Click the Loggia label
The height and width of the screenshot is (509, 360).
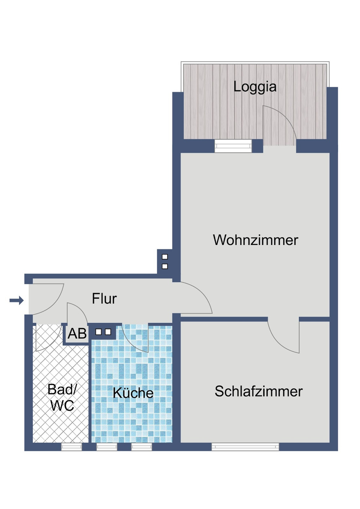[255, 87]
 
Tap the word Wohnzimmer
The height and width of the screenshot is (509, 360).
[256, 240]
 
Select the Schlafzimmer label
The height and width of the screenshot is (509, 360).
[258, 391]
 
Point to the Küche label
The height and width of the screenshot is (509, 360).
[133, 393]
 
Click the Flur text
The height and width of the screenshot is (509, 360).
[104, 299]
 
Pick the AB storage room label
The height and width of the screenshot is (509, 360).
[77, 333]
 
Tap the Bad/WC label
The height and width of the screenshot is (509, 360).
[62, 397]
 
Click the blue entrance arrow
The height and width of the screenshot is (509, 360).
[17, 300]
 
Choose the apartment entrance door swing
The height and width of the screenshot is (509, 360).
[47, 299]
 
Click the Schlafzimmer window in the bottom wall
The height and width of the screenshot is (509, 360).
[245, 447]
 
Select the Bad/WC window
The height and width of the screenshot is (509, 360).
[71, 447]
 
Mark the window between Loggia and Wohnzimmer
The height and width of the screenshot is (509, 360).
[233, 146]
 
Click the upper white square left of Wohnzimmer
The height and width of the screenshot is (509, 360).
[165, 257]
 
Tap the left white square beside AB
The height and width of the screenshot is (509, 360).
[98, 332]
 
